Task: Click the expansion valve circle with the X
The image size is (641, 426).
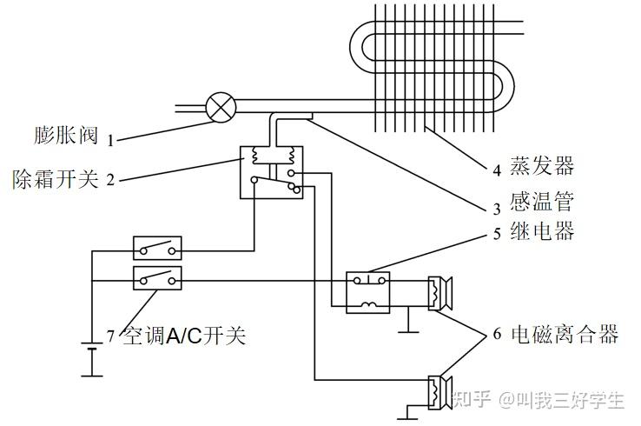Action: tap(221, 108)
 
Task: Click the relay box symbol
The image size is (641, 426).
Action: tap(368, 292)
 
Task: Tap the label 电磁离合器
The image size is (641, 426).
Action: tap(565, 334)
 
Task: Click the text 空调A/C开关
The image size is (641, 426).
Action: tap(184, 336)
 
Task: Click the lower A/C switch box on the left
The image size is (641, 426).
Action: tap(158, 279)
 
